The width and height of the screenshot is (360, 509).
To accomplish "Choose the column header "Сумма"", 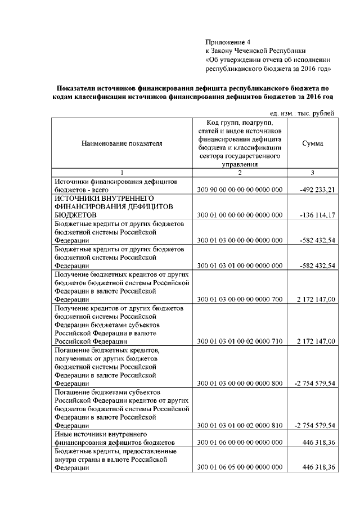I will [312, 143].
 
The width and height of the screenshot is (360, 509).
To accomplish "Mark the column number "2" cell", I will [240, 172].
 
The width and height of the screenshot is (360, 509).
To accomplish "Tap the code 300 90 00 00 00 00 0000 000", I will [240, 190].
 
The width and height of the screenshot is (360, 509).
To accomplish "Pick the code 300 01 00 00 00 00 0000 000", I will [240, 214].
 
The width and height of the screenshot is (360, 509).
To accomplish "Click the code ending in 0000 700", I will [240, 300].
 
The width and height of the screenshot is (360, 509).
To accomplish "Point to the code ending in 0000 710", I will [240, 341].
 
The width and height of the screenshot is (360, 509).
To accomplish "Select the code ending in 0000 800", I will [240, 383].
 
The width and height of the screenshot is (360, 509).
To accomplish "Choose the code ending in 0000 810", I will [240, 426].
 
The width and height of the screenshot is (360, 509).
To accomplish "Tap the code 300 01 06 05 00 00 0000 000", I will [240, 468].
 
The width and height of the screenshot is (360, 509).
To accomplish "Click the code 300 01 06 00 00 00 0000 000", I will [240, 443].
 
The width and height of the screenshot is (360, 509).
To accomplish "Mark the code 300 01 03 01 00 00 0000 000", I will [240, 265].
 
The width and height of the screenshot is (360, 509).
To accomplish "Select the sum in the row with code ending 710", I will [316, 341].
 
